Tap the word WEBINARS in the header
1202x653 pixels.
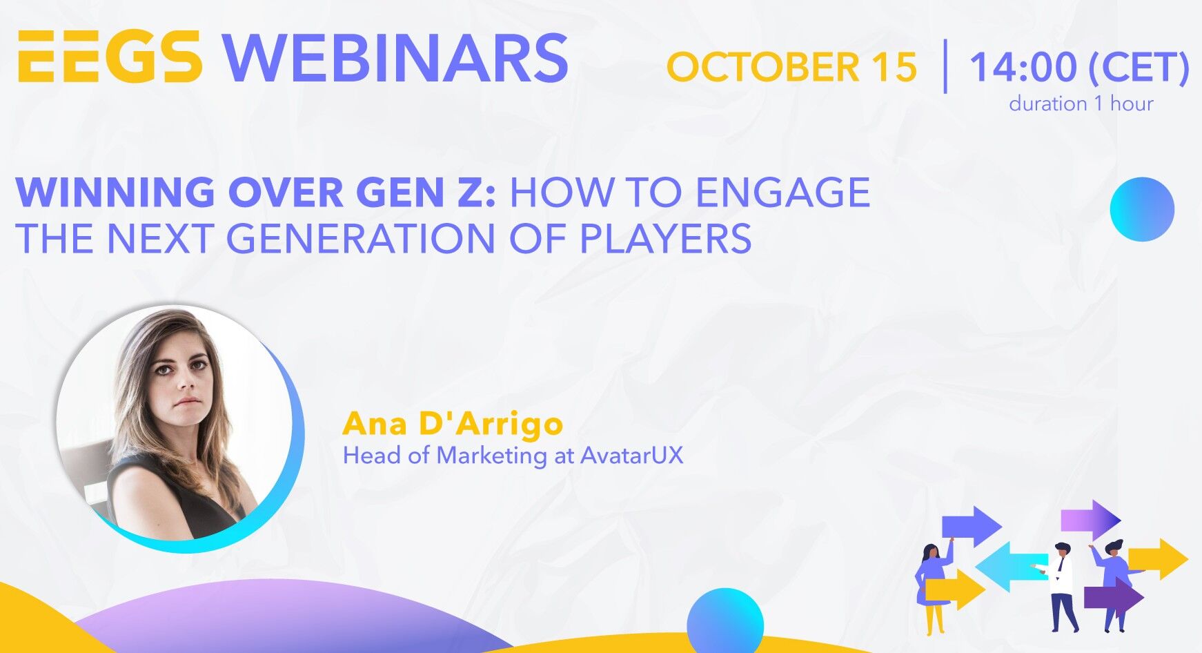395,58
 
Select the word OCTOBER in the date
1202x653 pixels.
763,67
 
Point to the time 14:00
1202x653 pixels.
1023,67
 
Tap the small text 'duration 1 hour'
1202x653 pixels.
1081,104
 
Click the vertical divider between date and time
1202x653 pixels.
945,66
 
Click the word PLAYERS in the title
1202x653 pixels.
665,238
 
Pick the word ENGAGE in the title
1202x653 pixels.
782,192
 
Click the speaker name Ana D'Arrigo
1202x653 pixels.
453,423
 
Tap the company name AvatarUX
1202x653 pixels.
632,456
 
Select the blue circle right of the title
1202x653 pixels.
1142,209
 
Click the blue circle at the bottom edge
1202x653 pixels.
725,620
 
